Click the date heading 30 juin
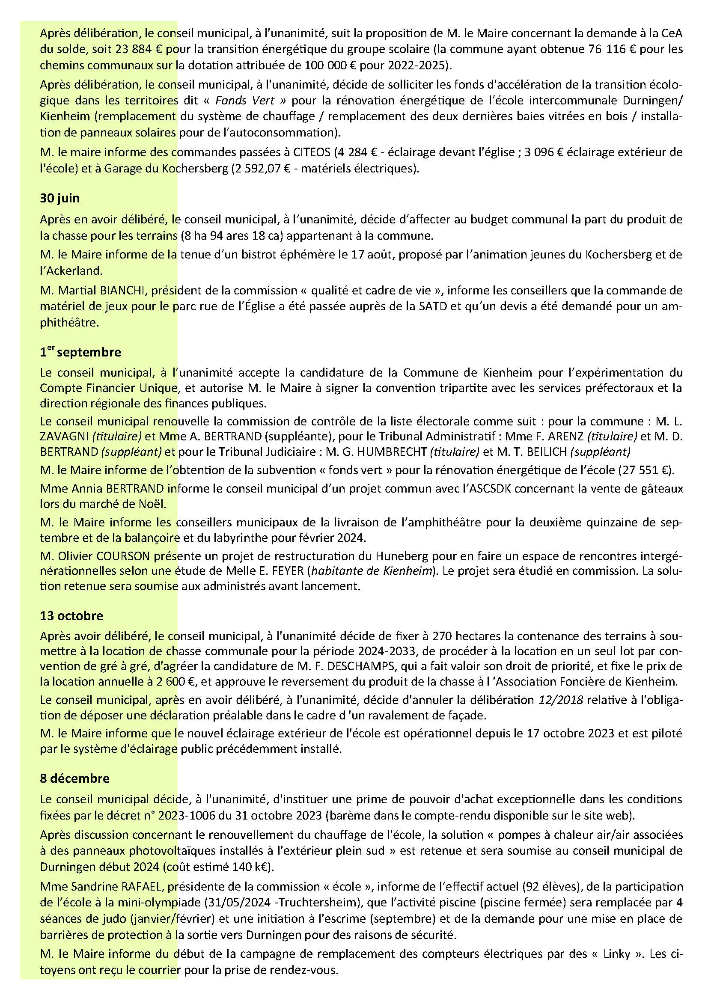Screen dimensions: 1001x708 [x=60, y=199]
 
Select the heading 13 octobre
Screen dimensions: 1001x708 [x=71, y=615]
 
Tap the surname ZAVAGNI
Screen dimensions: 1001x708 [x=62, y=437]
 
